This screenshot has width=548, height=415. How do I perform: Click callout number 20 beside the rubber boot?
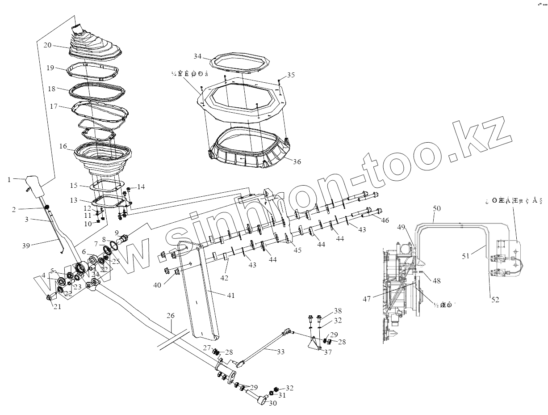[48, 45]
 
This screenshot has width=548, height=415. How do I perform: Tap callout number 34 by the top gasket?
[198, 56]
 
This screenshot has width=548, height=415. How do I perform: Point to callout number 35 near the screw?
[291, 75]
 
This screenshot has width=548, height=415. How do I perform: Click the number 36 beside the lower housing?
[297, 162]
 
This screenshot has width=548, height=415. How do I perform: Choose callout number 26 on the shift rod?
[171, 316]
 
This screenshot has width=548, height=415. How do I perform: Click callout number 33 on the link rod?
[280, 352]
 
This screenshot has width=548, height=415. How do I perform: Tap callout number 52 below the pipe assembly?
[495, 300]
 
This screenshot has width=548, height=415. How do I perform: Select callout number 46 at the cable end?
[385, 220]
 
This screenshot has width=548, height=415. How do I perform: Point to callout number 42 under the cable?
[224, 278]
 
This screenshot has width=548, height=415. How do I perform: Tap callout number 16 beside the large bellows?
[63, 146]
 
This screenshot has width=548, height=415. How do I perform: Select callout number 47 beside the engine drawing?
[367, 299]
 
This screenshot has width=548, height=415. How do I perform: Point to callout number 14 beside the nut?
[141, 186]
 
